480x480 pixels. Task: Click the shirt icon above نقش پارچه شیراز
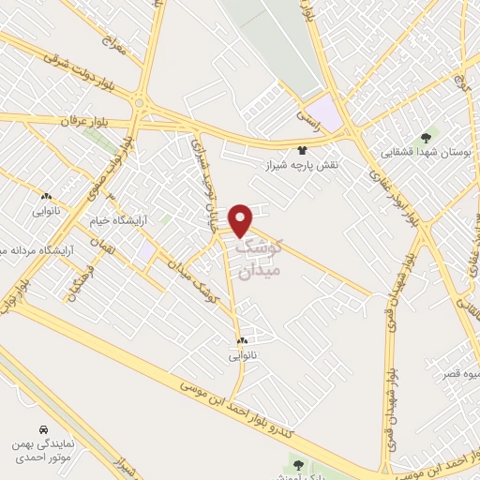(x=302, y=149)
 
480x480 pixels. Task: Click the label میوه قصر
(x=461, y=374)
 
